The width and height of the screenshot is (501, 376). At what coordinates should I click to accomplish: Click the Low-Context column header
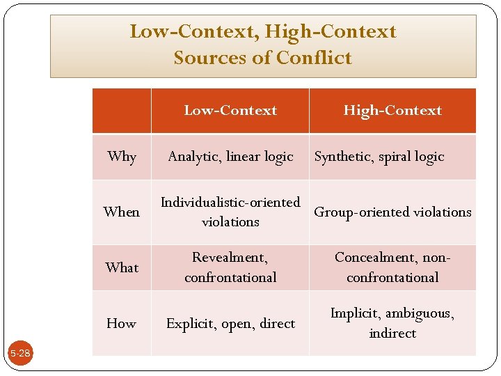[x=230, y=111]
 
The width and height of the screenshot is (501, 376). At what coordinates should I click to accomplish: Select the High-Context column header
[x=392, y=111]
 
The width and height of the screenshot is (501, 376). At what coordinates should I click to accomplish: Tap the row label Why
[x=122, y=157]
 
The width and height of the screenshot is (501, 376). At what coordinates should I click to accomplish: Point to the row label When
[x=122, y=212]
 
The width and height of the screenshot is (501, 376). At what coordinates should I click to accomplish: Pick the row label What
[x=122, y=267]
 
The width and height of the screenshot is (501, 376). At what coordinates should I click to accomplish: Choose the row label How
[x=122, y=323]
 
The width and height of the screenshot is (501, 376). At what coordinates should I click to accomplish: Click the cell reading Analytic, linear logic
[x=230, y=157]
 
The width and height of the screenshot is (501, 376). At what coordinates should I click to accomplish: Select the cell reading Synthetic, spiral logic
[x=379, y=157]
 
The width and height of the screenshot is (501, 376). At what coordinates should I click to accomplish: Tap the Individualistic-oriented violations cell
[x=230, y=212]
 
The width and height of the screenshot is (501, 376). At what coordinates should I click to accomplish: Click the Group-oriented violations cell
[x=392, y=212]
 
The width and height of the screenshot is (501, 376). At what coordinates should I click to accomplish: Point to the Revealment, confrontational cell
[x=230, y=267]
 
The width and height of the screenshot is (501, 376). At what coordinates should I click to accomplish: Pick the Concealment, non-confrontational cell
[x=392, y=267]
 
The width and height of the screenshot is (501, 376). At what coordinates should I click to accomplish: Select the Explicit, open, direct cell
[x=230, y=323]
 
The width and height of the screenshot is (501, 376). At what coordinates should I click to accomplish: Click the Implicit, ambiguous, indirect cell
[x=392, y=323]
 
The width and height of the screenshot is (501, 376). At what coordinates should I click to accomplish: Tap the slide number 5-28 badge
[x=19, y=354]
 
